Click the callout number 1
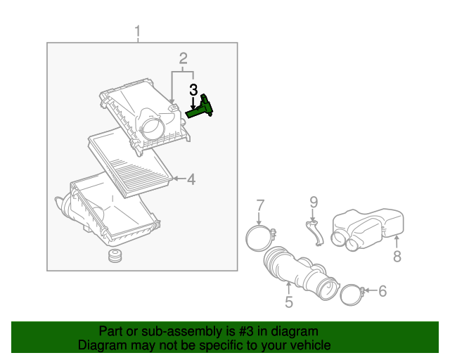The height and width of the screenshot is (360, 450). (x=138, y=32)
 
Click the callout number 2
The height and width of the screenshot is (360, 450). (x=183, y=58)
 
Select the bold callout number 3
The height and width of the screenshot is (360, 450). (x=193, y=90)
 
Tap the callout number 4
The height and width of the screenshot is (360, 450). (x=191, y=179)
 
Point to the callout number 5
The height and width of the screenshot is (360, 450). (x=288, y=302)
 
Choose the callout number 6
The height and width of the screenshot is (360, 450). (x=382, y=290)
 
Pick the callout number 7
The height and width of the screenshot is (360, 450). (x=260, y=205)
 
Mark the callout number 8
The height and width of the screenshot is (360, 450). (x=397, y=257)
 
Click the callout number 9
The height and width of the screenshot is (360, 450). (x=314, y=202)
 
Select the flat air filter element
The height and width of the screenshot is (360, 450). (x=131, y=162)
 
